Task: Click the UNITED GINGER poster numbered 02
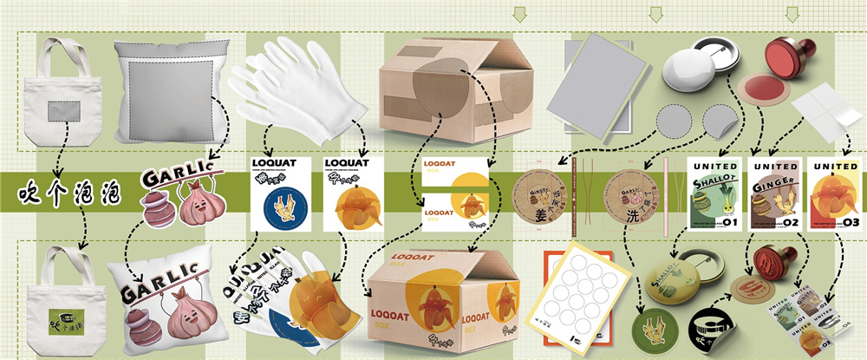pos(773,196)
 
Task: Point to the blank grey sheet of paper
pos(599,83)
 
